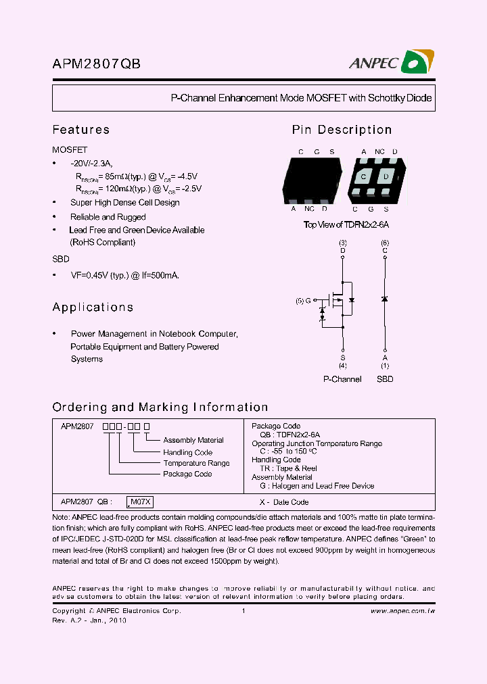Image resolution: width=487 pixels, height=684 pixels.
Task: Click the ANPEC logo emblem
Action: point(417,63)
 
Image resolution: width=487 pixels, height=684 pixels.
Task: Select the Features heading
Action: point(80,130)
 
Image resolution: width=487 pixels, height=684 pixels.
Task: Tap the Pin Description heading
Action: point(342,130)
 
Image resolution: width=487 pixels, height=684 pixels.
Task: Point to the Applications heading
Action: point(93,308)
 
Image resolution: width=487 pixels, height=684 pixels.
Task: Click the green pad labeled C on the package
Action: point(364,177)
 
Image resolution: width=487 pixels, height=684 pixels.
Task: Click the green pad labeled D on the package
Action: point(386,177)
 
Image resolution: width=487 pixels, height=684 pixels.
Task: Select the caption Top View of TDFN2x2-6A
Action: point(346,225)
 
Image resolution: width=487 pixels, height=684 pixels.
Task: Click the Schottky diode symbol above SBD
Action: point(385,299)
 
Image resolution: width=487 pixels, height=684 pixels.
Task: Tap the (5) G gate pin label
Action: point(304,300)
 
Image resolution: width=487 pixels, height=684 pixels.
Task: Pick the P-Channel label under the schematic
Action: point(342,379)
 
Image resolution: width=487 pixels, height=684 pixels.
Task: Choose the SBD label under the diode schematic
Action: point(385,379)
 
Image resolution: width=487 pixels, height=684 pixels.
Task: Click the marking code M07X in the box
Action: point(141,502)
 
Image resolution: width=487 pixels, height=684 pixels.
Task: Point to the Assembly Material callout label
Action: point(193,440)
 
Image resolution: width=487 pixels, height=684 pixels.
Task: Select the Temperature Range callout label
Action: point(196,463)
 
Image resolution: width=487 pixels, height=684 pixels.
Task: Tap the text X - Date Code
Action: point(284,502)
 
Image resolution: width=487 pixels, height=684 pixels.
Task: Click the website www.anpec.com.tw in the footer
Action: point(402,611)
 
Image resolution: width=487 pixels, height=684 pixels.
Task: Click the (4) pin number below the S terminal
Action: point(343,366)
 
